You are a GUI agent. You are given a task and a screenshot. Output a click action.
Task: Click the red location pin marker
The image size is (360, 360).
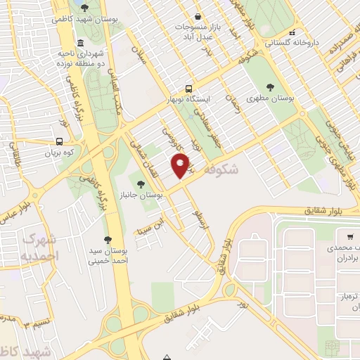(x=181, y=165)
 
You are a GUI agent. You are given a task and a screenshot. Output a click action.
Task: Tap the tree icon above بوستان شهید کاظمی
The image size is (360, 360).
(x=85, y=8)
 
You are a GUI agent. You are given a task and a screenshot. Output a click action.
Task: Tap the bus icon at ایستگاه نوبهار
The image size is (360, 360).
(x=188, y=89)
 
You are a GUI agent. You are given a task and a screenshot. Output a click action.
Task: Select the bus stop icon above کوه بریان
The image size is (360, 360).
(x=59, y=140)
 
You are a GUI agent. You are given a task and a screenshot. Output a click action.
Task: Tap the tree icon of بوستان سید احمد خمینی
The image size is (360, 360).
(x=108, y=240)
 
